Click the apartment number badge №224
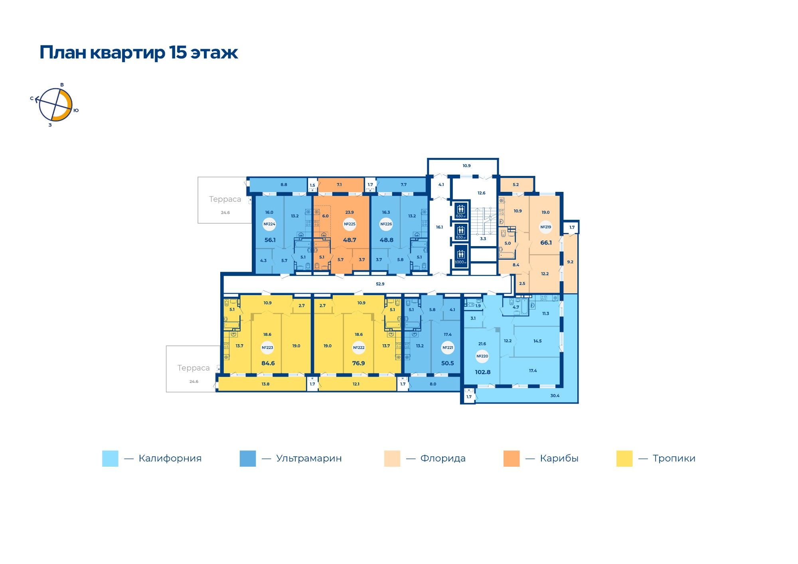[269, 224]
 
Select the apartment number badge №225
[350, 224]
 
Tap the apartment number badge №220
[482, 356]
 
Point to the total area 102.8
[482, 372]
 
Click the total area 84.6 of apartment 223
[268, 363]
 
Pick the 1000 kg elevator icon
[460, 256]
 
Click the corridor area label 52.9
[380, 284]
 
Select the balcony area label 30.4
[555, 396]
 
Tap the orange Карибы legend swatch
[512, 458]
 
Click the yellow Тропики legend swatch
[624, 458]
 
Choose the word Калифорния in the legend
[170, 458]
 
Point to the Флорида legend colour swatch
[392, 458]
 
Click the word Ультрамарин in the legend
[309, 458]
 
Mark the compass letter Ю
[76, 110]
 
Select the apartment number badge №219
[545, 227]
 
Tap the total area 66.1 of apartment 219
[546, 243]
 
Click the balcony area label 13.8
[265, 384]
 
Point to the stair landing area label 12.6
[482, 193]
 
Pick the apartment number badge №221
[448, 347]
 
